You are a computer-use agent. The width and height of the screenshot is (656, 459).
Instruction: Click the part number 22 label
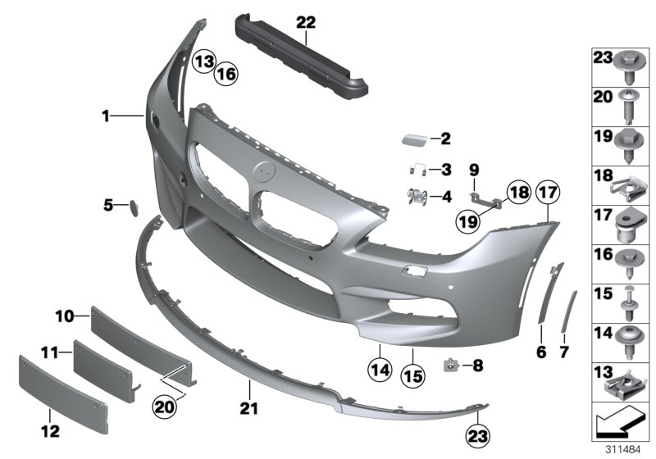click(305, 23)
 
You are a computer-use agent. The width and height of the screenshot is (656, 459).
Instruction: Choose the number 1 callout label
click(106, 117)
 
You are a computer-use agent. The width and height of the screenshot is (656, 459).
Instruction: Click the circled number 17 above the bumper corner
click(547, 196)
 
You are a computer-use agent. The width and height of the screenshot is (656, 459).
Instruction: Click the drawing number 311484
click(623, 448)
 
